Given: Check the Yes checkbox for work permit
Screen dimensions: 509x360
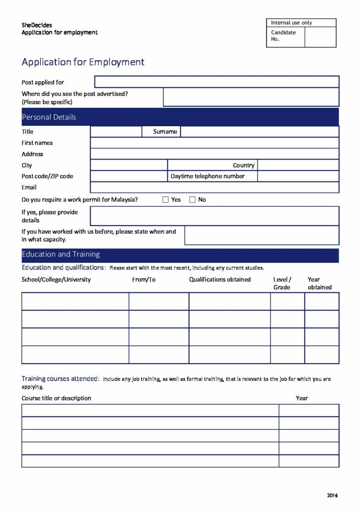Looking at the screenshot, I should [166, 200].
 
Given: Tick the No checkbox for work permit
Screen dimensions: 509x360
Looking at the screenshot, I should [192, 200].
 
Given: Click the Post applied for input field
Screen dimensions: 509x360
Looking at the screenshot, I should [216, 82].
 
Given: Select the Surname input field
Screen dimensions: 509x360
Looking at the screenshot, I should [259, 132].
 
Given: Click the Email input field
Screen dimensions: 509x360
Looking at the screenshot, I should [214, 187].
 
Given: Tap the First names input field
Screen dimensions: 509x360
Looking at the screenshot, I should [214, 143].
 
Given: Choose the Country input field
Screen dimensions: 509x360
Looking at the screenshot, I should [298, 165].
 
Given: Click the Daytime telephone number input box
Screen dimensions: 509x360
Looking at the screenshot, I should [298, 176].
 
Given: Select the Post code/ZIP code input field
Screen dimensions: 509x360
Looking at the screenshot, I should [129, 176].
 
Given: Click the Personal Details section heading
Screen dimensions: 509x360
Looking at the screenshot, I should [49, 117].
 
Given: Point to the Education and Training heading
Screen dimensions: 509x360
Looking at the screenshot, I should [61, 254].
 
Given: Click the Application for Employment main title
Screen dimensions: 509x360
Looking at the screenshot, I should [83, 62].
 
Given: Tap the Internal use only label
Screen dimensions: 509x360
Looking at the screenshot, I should [291, 23].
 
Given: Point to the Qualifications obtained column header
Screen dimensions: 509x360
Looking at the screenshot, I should [220, 280].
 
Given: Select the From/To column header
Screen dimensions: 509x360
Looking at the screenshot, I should [144, 280].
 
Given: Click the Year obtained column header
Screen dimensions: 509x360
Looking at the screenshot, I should [319, 283].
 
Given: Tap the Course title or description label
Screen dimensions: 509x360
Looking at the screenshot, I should [57, 398].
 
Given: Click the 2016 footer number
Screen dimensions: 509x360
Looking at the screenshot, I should [332, 495].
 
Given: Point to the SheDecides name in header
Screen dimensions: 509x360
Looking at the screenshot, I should [37, 25].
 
